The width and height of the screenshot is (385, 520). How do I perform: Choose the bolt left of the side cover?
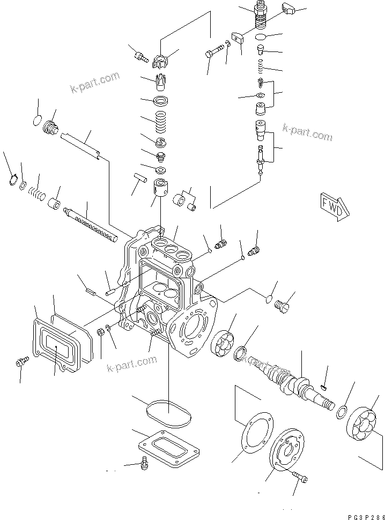pyautogui.click(x=20, y=363)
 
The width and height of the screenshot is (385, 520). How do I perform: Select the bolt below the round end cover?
pyautogui.click(x=300, y=476)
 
